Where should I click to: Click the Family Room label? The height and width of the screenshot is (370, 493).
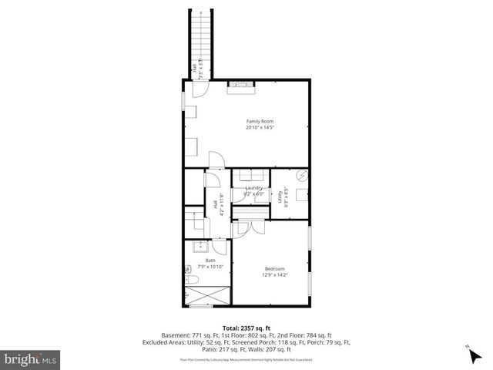260,121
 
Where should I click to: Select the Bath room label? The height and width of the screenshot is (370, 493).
210,261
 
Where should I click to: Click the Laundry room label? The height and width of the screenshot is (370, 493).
254,188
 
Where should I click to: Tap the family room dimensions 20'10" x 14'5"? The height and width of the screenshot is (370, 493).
260,128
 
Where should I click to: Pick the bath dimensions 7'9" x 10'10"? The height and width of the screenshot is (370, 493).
210,267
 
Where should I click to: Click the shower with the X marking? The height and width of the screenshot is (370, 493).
207,294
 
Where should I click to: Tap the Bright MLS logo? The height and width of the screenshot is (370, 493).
31,358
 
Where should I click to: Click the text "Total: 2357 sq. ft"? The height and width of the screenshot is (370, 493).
246,328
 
